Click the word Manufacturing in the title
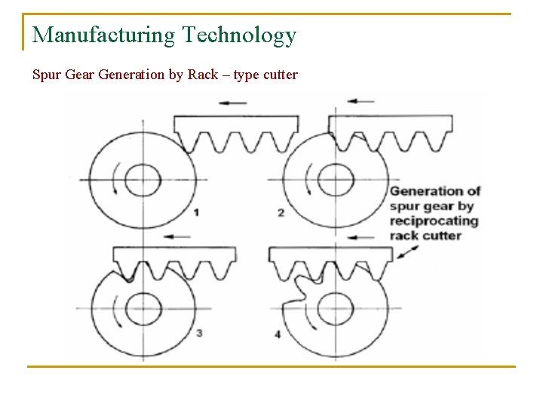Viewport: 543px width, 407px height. [x=103, y=35]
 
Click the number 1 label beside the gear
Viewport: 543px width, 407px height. [x=196, y=213]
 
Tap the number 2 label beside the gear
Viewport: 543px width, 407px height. [x=281, y=213]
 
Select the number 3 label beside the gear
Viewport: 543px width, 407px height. [x=198, y=332]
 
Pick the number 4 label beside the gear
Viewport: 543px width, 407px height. [x=278, y=333]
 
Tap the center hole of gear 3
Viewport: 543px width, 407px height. [x=143, y=308]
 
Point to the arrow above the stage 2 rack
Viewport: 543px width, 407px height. [x=360, y=100]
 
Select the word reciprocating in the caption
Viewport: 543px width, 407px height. [x=433, y=221]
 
